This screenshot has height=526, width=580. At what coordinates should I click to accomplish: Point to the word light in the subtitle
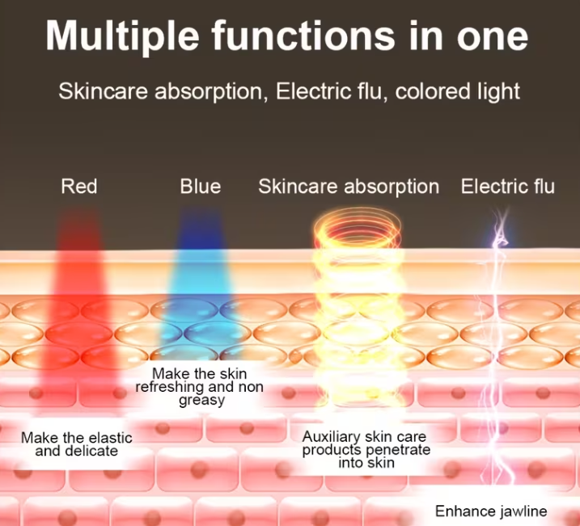click(494, 91)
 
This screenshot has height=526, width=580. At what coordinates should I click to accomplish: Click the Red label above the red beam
click(79, 187)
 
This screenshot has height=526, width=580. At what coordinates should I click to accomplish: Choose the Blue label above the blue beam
click(200, 187)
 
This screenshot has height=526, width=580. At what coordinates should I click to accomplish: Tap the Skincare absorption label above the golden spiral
click(349, 187)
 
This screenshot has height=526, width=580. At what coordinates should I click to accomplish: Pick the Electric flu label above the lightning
click(508, 187)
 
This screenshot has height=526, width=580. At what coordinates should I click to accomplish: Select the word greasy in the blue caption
click(201, 401)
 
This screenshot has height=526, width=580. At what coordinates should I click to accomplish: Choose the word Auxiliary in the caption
click(330, 437)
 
